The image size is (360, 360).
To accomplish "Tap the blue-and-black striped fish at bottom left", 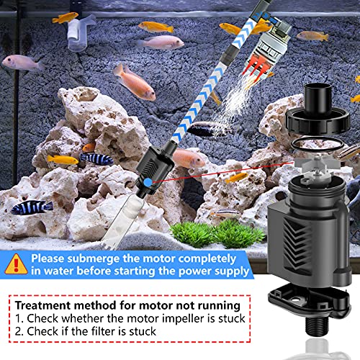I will pyautogui.click(x=30, y=207).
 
